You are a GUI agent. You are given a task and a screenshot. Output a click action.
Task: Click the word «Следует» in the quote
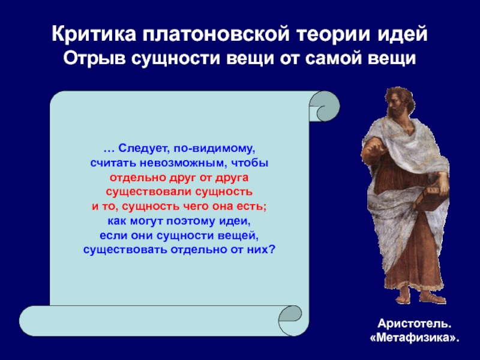pos(143,148)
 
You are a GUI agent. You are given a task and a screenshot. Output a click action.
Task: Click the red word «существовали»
pos(149,192)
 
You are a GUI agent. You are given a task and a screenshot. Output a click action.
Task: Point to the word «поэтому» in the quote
pos(191,221)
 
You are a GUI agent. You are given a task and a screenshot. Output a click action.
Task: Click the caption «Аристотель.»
pos(415,323)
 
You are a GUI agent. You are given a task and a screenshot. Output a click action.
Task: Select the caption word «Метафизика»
pos(415,338)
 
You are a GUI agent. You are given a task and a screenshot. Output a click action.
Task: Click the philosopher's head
pos(399,103)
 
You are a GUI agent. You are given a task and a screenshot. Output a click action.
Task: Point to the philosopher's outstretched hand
pos(373,151)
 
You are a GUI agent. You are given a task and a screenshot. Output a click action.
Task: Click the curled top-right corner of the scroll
pos(325,106)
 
